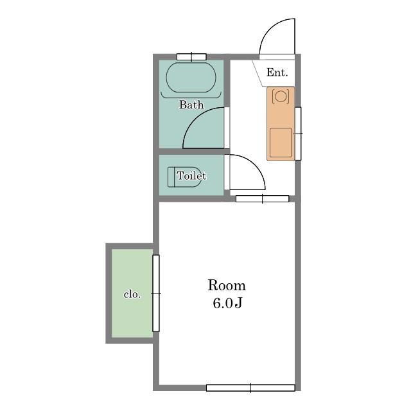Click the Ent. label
pyautogui.click(x=277, y=73)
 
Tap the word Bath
pyautogui.click(x=191, y=105)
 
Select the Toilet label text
pyautogui.click(x=191, y=175)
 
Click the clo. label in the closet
pyautogui.click(x=132, y=294)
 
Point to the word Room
pyautogui.click(x=227, y=285)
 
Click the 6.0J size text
pyautogui.click(x=227, y=303)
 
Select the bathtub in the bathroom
pyautogui.click(x=191, y=77)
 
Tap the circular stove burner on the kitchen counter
pyautogui.click(x=281, y=96)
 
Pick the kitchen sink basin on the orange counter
pyautogui.click(x=281, y=143)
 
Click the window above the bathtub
pyautogui.click(x=191, y=57)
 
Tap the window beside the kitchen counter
pyautogui.click(x=298, y=134)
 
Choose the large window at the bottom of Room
pyautogui.click(x=250, y=388)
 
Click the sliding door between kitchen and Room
pyautogui.click(x=262, y=198)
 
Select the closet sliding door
pyautogui.click(x=156, y=293)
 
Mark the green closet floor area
pyautogui.click(x=132, y=293)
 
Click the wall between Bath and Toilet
pyautogui.click(x=191, y=152)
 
